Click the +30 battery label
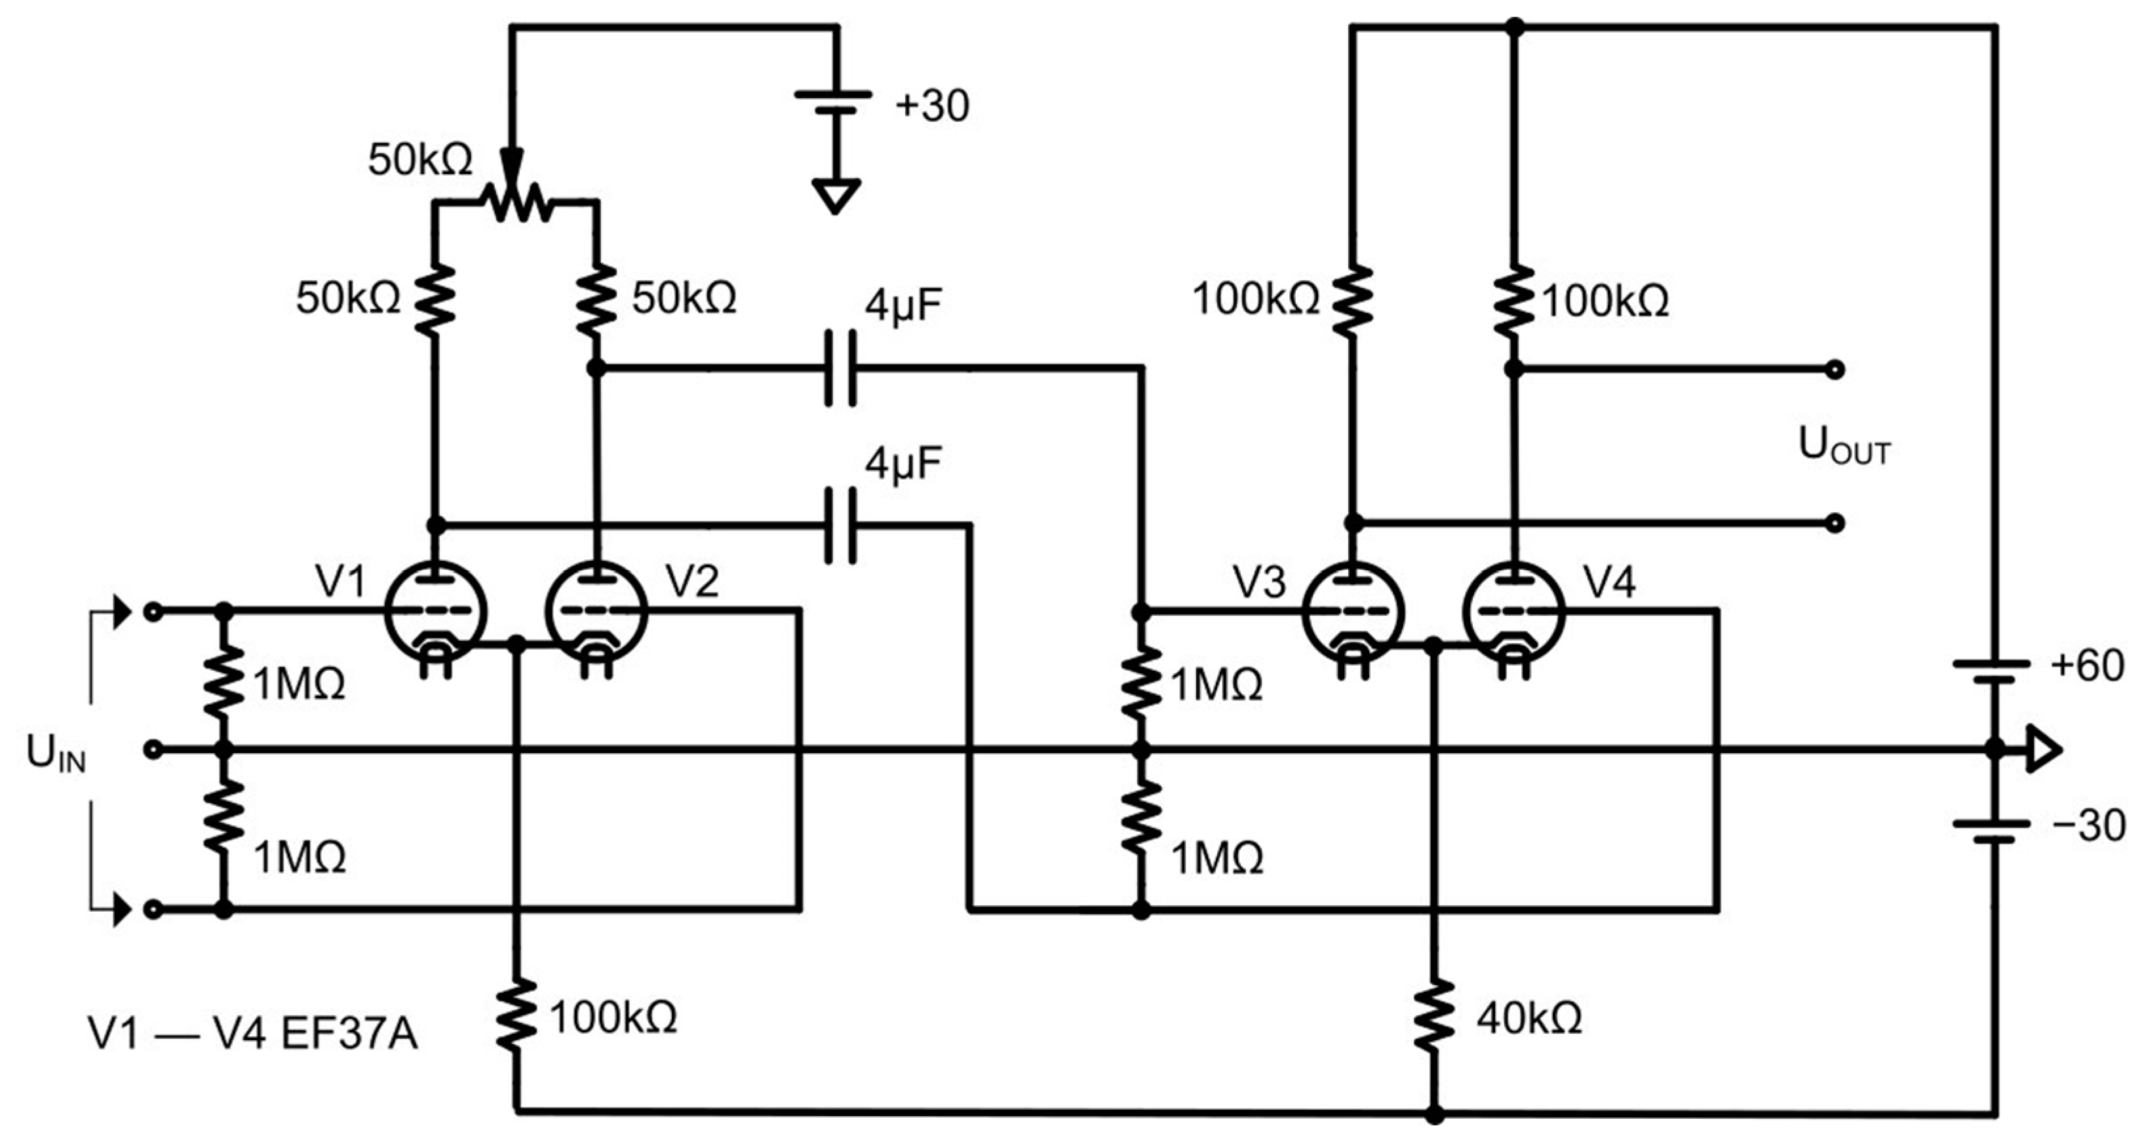[x=932, y=106]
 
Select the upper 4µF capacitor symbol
[x=840, y=367]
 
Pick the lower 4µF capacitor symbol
[x=840, y=525]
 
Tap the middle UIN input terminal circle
[x=153, y=749]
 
